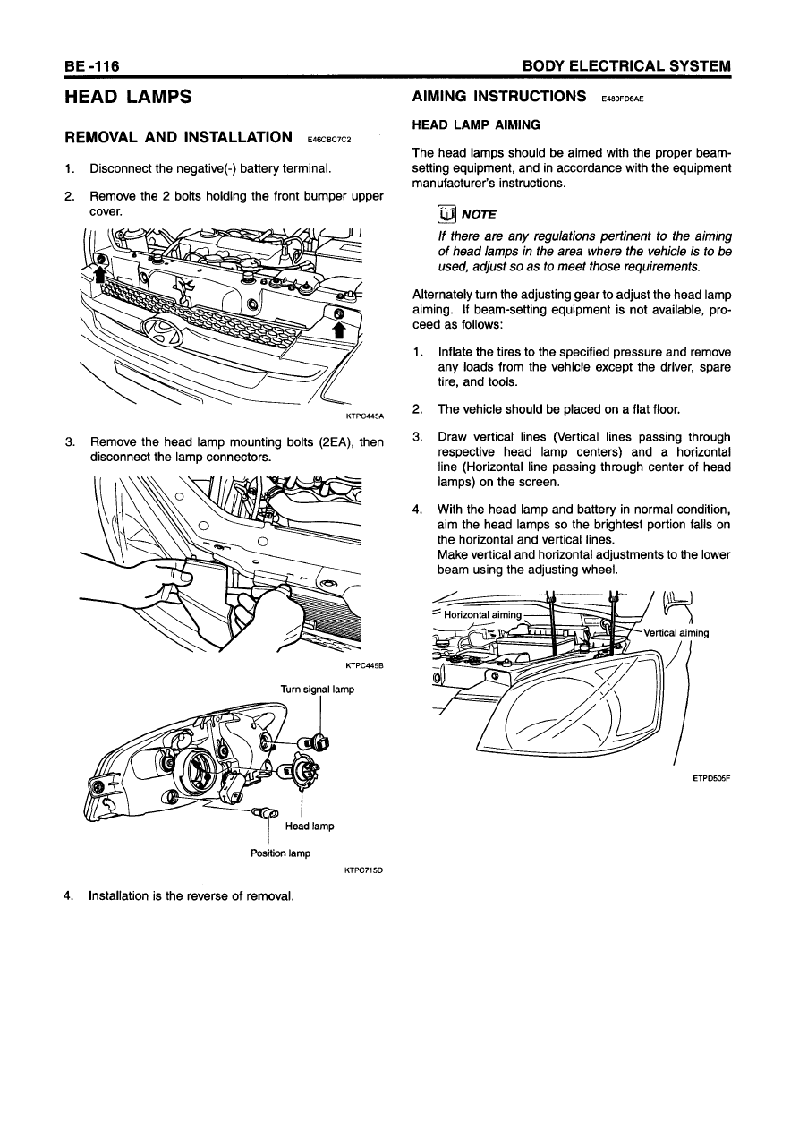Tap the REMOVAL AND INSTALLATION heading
click(x=179, y=138)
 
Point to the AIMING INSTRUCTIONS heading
click(x=498, y=96)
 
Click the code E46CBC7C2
click(x=328, y=141)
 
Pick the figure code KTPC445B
click(x=364, y=664)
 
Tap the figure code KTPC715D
click(x=364, y=869)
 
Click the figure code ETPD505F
click(x=712, y=779)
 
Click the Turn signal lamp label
click(x=318, y=689)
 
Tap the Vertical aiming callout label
click(x=676, y=633)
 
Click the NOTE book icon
click(x=446, y=214)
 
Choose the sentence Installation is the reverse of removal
click(x=191, y=894)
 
